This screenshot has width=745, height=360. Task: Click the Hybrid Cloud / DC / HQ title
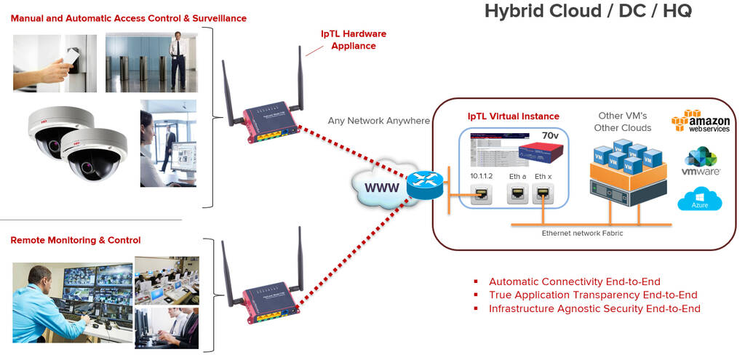588,11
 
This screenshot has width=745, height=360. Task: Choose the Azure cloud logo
699,199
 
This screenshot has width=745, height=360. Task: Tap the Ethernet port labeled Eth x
543,194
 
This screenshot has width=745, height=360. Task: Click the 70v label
549,135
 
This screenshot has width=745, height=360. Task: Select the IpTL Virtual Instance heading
513,116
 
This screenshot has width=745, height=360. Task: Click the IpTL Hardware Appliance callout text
354,40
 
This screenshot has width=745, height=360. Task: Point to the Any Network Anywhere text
378,121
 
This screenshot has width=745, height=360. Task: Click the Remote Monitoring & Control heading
76,240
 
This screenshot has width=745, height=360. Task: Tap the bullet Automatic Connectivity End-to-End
574,281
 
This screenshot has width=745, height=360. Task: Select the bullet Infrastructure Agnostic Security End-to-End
594,308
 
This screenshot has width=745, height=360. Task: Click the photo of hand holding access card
55,63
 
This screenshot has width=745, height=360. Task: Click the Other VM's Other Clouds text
624,121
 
